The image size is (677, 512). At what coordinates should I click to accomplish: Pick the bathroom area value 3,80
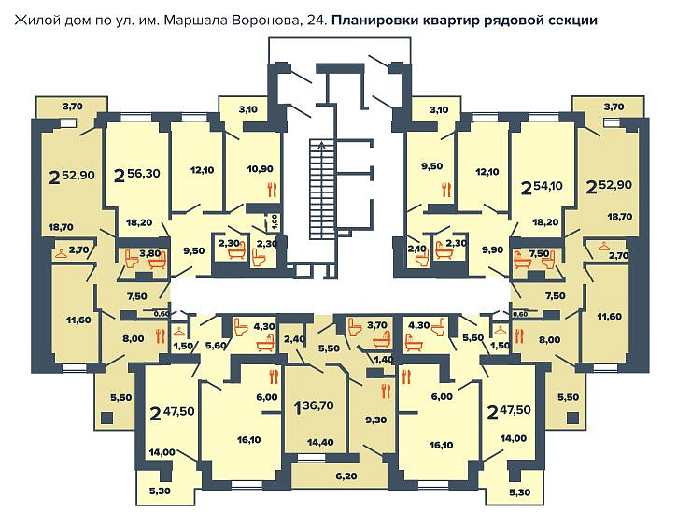pyautogui.click(x=149, y=252)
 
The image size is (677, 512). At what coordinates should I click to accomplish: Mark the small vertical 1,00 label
pyautogui.click(x=275, y=221)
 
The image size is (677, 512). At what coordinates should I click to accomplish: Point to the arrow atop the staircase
pyautogui.click(x=321, y=145)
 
